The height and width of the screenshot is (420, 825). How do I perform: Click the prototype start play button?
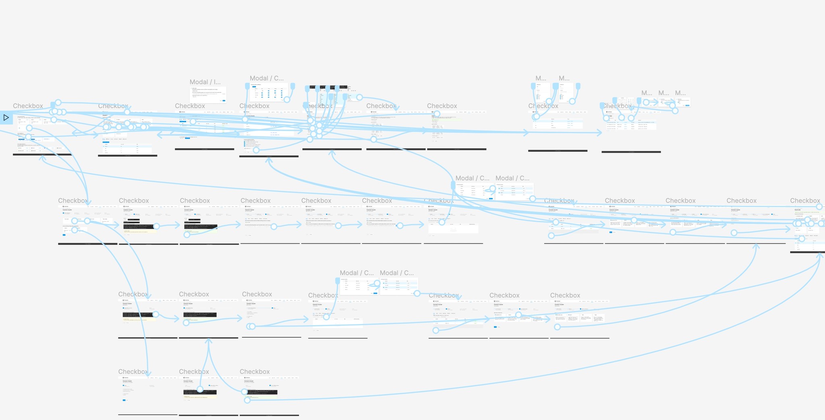6,118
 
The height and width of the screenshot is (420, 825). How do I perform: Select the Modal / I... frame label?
205,82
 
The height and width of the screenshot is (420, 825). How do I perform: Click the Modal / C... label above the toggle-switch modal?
267,79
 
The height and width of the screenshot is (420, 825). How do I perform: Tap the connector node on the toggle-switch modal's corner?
287,100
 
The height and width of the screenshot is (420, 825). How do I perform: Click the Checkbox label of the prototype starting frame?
28,106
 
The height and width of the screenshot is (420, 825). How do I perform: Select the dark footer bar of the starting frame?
42,154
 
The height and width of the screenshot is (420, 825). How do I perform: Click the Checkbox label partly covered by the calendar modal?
617,106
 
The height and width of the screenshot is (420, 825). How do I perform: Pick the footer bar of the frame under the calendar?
631,152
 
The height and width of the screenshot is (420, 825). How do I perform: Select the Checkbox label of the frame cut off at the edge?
805,201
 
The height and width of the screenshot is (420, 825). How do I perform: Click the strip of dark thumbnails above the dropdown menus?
326,87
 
